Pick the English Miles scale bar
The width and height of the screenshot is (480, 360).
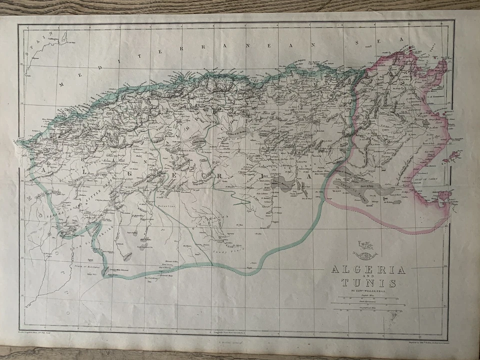click(365, 299)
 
